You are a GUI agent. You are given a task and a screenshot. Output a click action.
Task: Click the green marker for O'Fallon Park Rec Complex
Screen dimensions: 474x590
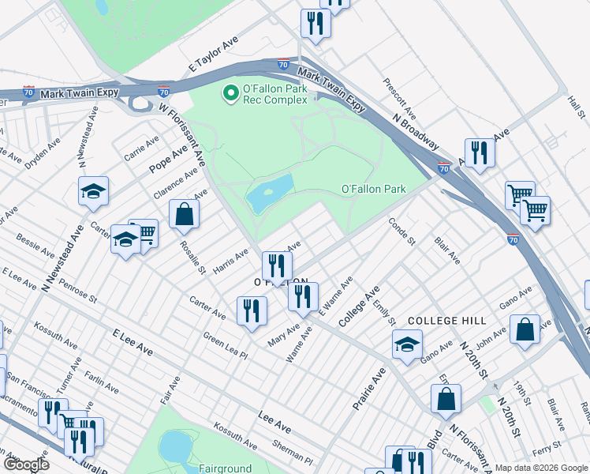231,94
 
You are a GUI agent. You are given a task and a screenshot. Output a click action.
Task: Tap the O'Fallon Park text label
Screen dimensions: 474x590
373,189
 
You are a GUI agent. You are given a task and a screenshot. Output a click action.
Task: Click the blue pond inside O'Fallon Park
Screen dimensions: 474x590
270,193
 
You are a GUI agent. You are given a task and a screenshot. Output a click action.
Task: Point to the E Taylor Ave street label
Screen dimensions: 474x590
208,58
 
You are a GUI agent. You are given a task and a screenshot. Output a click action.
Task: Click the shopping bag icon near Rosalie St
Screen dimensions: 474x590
184,213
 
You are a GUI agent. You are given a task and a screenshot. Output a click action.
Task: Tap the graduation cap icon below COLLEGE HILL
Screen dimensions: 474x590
407,344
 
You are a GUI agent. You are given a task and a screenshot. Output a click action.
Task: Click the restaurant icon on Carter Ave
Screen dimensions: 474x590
252,310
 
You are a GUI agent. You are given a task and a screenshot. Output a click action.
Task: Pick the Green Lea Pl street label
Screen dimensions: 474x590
226,346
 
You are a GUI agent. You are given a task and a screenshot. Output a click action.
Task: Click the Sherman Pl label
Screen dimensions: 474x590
294,453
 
